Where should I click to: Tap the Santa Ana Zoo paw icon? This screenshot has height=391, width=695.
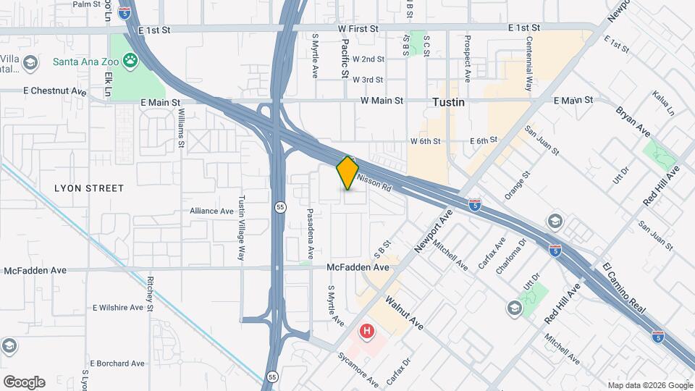132,61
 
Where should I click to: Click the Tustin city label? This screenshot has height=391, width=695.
448,103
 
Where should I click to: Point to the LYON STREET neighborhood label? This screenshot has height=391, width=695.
89,188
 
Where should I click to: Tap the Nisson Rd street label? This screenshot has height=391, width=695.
374,180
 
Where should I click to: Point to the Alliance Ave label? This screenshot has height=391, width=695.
212,211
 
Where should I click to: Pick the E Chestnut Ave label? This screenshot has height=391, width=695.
54,92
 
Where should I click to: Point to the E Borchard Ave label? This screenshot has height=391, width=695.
119,363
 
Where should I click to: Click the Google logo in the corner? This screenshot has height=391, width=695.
24,382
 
